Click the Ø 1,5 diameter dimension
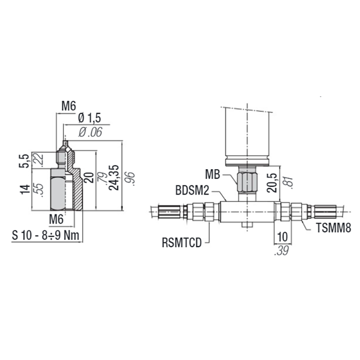click(90, 118)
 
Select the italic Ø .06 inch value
click(90, 132)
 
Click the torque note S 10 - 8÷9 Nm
click(46, 234)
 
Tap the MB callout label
click(212, 174)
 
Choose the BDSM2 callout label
click(192, 191)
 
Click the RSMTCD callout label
click(181, 243)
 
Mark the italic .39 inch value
click(281, 251)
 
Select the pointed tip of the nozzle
click(66, 144)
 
